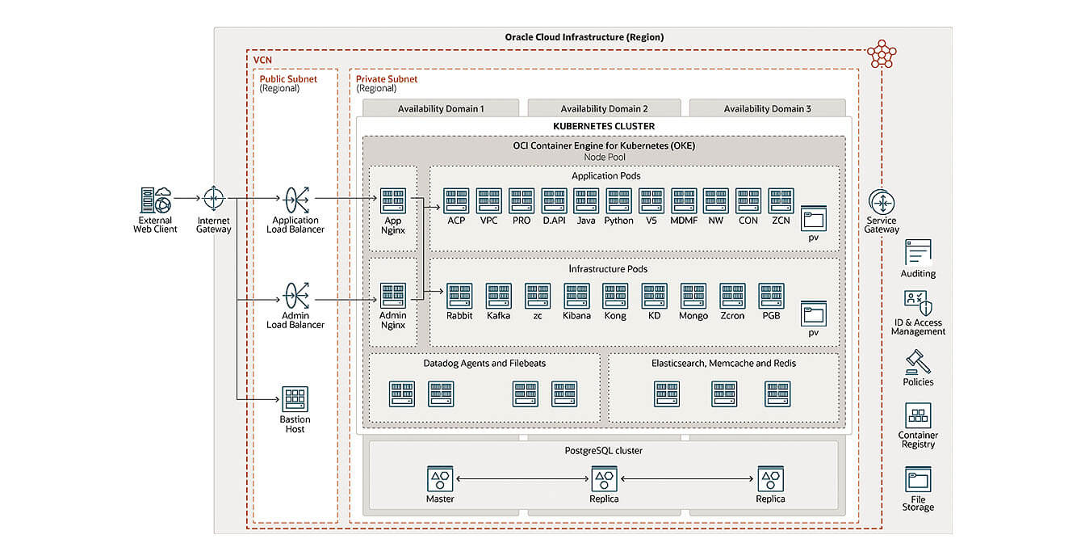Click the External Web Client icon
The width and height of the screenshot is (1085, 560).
[x=155, y=199]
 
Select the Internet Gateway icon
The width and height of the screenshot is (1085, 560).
[x=213, y=198]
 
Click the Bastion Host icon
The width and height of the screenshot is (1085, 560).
[x=295, y=399]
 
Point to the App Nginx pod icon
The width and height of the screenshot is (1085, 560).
[x=393, y=201]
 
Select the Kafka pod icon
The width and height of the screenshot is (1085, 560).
[x=498, y=296]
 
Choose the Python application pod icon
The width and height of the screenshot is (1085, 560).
[x=618, y=201]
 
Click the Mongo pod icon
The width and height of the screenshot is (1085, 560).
[x=693, y=296]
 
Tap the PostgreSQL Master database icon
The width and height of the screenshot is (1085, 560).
[x=440, y=479]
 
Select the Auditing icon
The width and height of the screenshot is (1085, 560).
[x=918, y=253]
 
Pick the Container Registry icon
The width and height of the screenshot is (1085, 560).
[x=918, y=415]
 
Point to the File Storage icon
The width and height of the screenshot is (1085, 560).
[x=918, y=479]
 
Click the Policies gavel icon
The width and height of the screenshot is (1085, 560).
[x=918, y=361]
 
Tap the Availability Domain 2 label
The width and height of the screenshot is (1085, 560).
[x=604, y=108]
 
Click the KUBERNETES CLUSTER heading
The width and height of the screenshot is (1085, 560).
[x=604, y=126]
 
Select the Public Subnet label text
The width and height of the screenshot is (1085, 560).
[x=288, y=79]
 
